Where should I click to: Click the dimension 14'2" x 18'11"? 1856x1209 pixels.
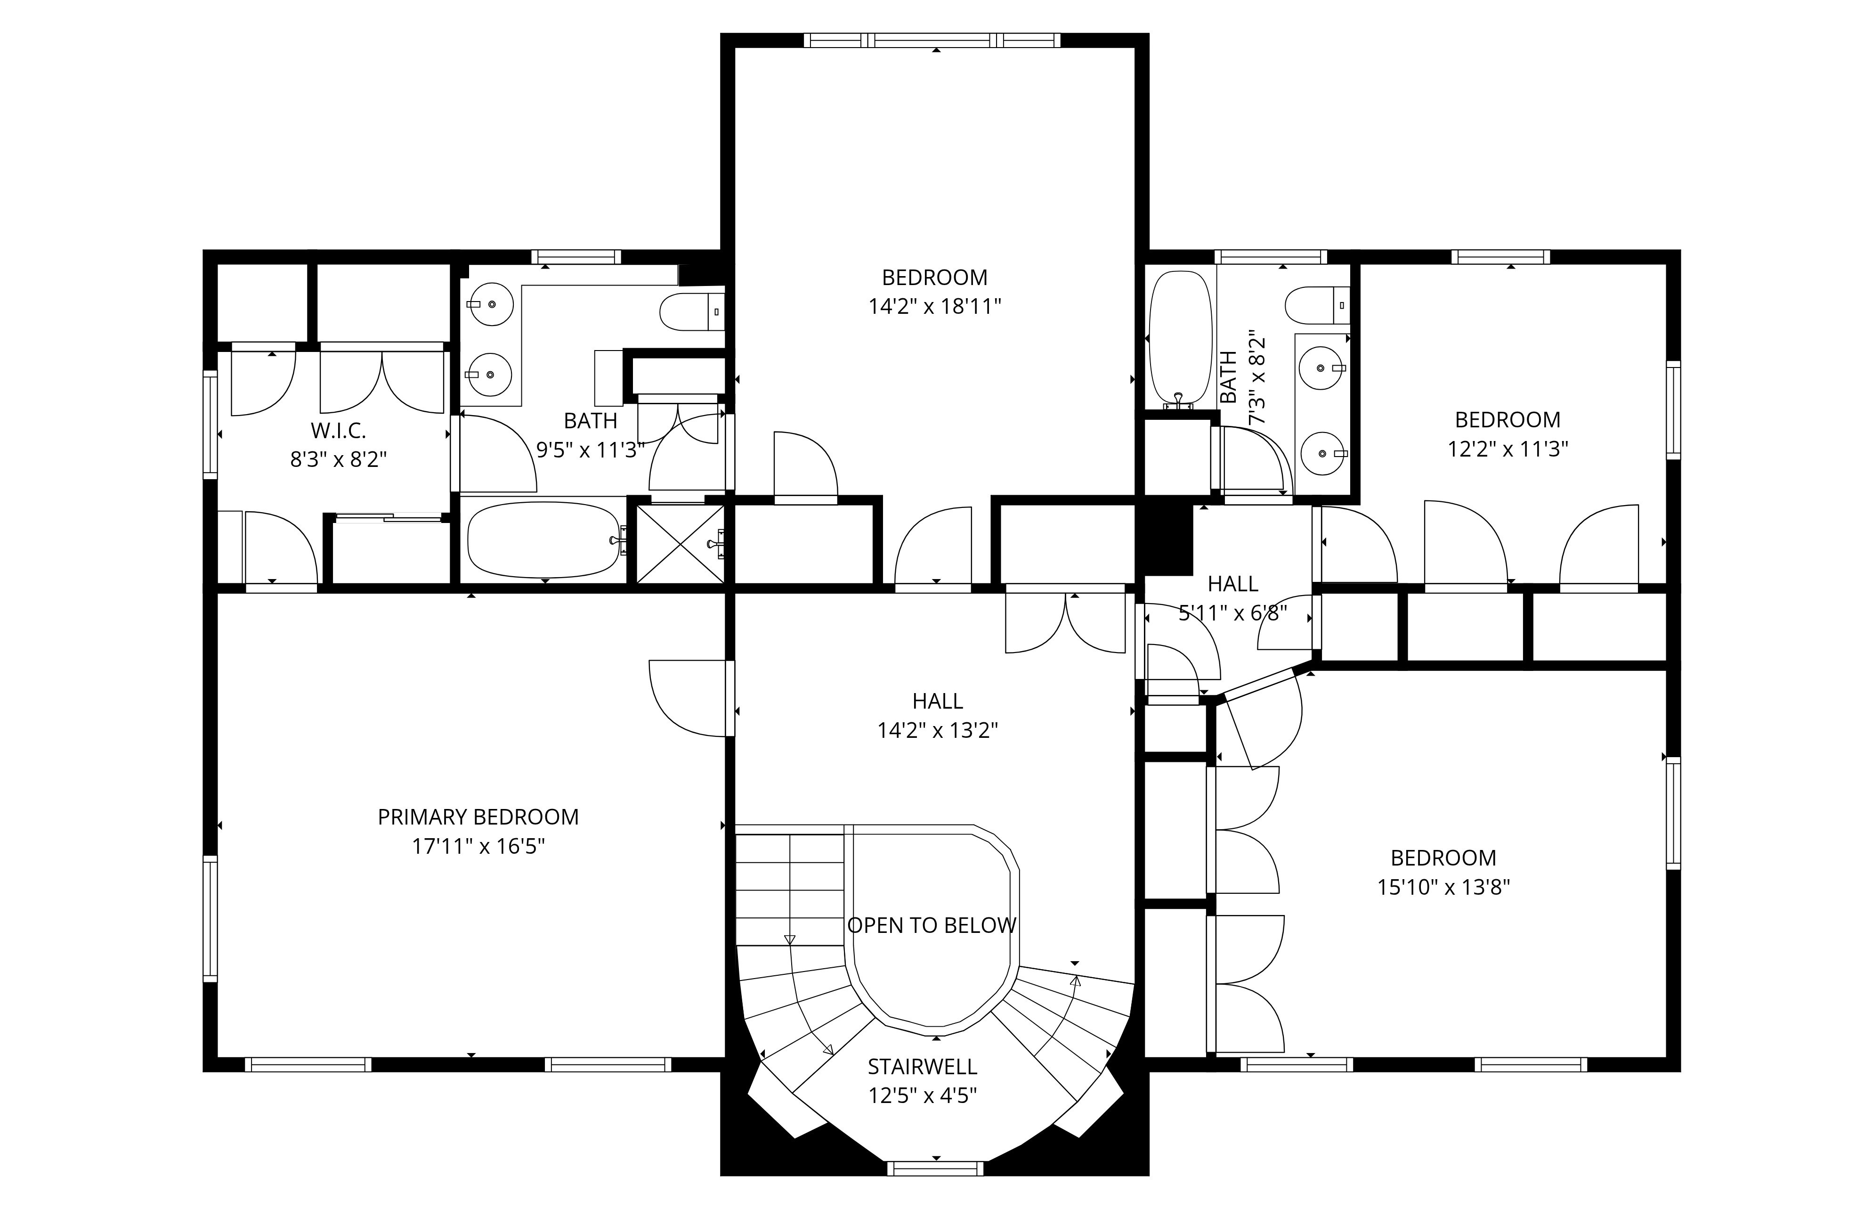(x=934, y=307)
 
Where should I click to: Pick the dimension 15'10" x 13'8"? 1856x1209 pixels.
(x=1443, y=888)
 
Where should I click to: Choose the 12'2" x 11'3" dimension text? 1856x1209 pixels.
(x=1507, y=449)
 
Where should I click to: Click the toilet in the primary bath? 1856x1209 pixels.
(x=692, y=311)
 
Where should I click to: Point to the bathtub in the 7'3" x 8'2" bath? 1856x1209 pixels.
(x=1181, y=338)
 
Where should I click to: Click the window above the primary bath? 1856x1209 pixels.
(x=576, y=257)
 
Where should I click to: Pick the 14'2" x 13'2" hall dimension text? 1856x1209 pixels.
(x=937, y=731)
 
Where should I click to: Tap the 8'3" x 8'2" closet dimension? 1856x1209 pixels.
(x=339, y=459)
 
